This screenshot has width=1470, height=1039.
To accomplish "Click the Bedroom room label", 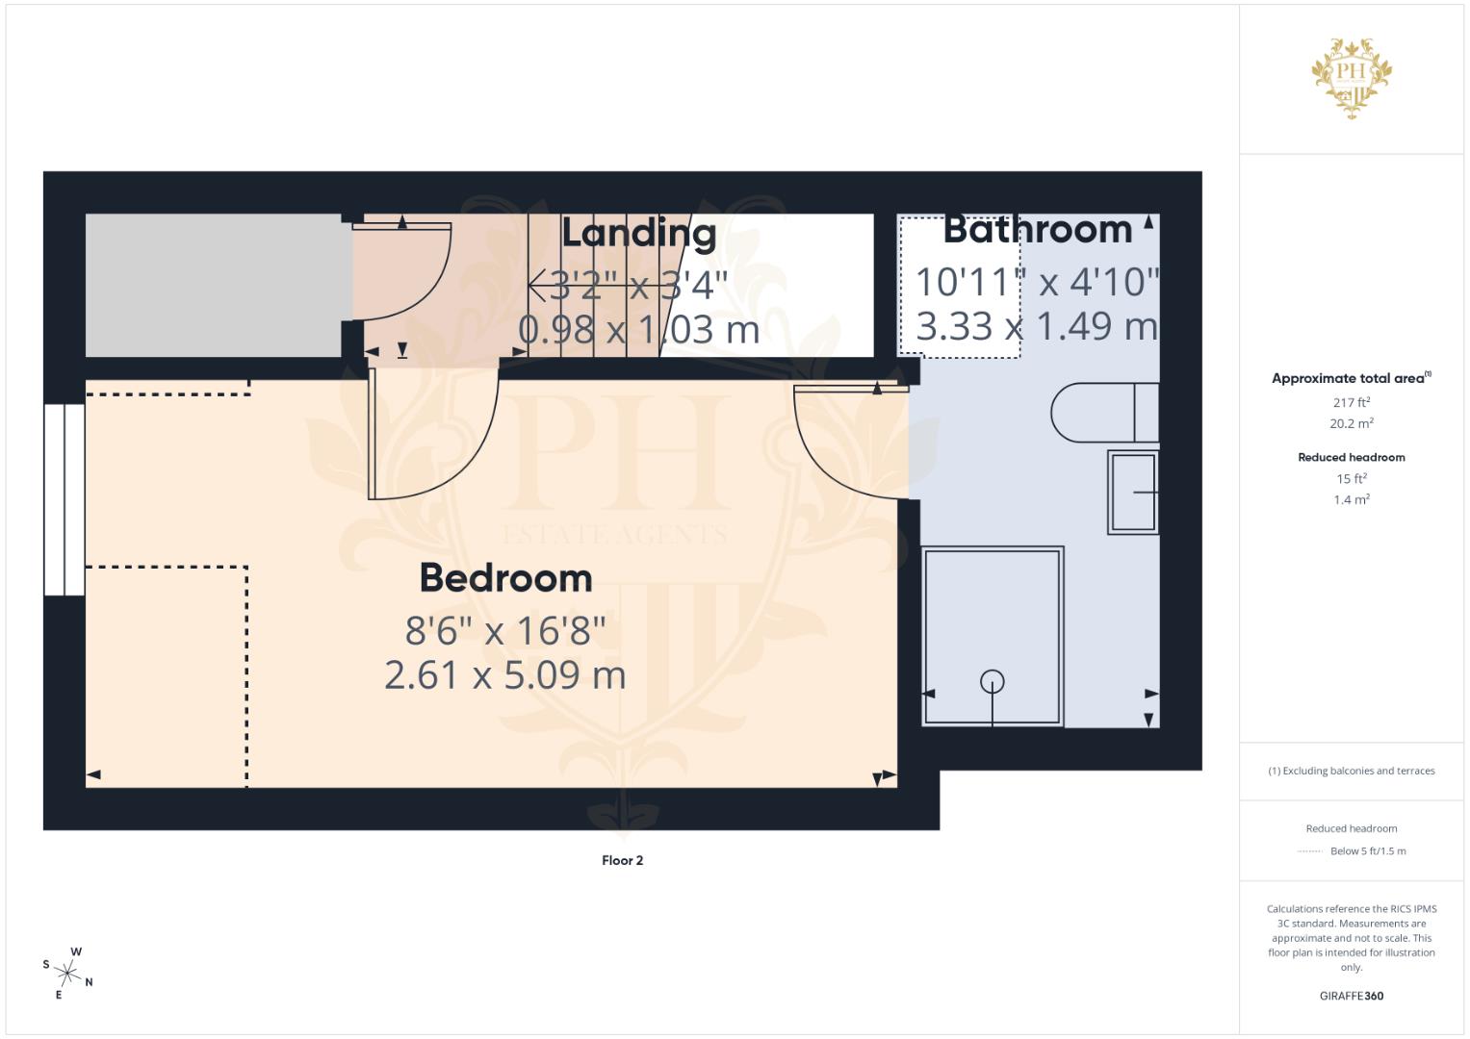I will point(505,578).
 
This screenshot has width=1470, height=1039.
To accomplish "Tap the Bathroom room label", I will point(1037,230).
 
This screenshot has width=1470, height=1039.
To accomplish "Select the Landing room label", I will point(638,234).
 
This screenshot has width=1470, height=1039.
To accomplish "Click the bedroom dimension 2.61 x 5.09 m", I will point(505,674).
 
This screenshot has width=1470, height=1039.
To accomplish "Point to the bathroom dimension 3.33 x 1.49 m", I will point(1037,326).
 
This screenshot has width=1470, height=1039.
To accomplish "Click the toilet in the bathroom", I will point(1102,413).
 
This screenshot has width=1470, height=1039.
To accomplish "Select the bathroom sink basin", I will point(1133,492).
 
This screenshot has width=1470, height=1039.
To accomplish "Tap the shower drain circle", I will point(992,682).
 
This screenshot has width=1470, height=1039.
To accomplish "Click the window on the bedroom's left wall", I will point(64,499).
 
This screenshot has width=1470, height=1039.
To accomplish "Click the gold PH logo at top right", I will point(1352,77).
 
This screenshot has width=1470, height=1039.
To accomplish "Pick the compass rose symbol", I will point(68,973).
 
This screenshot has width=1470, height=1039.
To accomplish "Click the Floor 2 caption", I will point(622,860).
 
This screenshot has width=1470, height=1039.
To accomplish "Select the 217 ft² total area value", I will point(1351,402).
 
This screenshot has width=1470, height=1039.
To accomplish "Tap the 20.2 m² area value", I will point(1351,423).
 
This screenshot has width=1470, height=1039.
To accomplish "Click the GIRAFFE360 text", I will point(1351,996).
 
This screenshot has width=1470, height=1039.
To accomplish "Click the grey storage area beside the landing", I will point(213,285).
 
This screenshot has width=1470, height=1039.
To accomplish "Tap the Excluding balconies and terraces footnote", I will point(1351,771).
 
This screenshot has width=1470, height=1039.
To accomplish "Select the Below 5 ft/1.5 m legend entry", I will point(1367,850).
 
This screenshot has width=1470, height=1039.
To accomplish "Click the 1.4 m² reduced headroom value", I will point(1351,499).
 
